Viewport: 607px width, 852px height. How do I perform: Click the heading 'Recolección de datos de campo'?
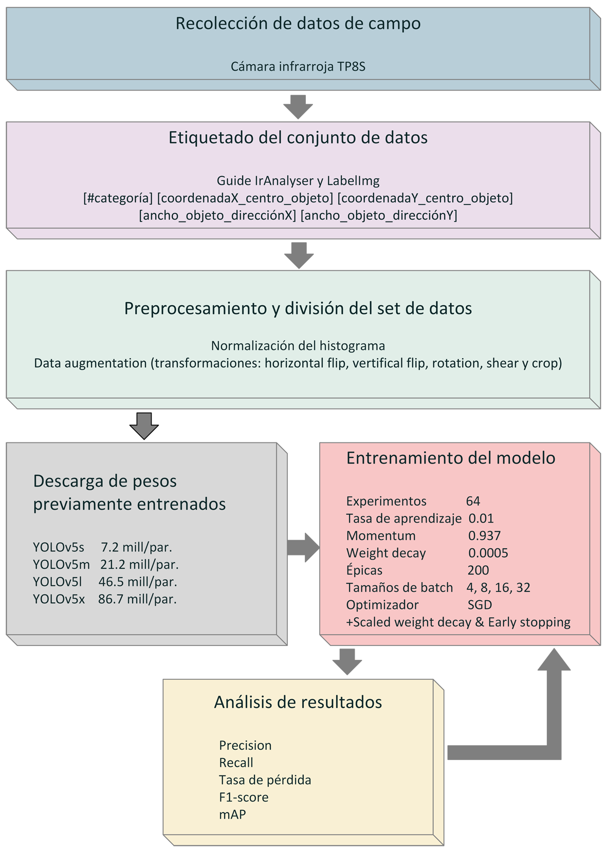pyautogui.click(x=298, y=24)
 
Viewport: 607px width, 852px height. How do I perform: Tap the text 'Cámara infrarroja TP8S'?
pyautogui.click(x=298, y=67)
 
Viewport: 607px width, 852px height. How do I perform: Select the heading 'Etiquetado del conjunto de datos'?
pyautogui.click(x=298, y=138)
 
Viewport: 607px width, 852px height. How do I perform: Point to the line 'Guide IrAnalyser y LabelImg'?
pyautogui.click(x=298, y=181)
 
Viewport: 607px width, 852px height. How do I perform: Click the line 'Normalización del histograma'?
pyautogui.click(x=298, y=346)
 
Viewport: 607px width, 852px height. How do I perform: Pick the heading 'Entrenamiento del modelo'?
pyautogui.click(x=451, y=458)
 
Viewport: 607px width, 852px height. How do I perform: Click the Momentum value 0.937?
pyautogui.click(x=484, y=535)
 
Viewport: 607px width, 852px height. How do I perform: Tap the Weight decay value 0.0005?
pyautogui.click(x=488, y=552)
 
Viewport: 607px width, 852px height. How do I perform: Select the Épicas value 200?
pyautogui.click(x=478, y=570)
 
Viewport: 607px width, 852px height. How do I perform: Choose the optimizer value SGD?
pyautogui.click(x=480, y=605)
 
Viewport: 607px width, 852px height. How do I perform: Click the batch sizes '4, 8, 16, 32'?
pyautogui.click(x=498, y=588)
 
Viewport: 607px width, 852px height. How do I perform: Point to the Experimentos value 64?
pyautogui.click(x=473, y=501)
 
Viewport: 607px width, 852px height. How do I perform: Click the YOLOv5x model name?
pyautogui.click(x=59, y=599)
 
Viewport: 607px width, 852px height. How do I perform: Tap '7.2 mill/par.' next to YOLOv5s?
pyautogui.click(x=137, y=547)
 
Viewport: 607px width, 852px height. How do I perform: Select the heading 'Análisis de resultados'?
pyautogui.click(x=298, y=702)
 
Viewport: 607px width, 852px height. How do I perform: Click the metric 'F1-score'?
pyautogui.click(x=244, y=797)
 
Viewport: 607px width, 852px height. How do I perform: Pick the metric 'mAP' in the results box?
pyautogui.click(x=232, y=814)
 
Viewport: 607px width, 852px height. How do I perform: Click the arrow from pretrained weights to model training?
pyautogui.click(x=303, y=547)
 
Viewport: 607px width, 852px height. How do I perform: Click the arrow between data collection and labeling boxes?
pyautogui.click(x=298, y=107)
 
